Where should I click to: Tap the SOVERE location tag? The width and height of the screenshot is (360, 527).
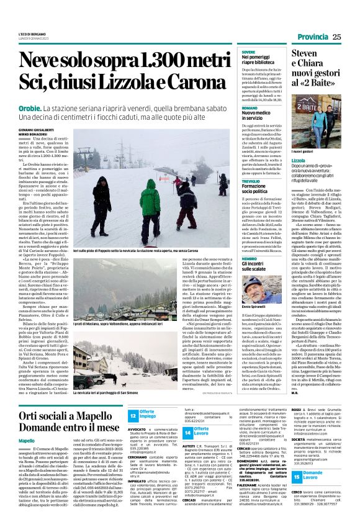point(249,52)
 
